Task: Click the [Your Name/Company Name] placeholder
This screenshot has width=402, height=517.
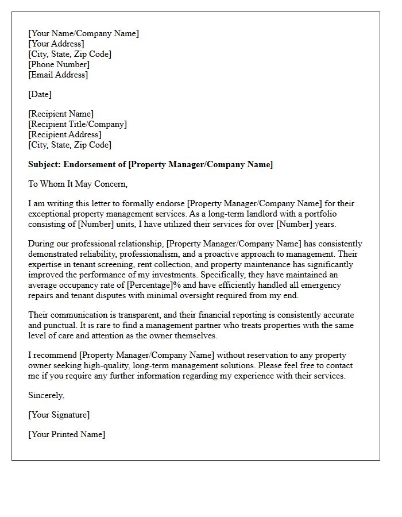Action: (x=83, y=33)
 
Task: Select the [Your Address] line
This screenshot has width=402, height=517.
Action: (x=56, y=44)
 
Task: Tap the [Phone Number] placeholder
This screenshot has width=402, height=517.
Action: (x=59, y=64)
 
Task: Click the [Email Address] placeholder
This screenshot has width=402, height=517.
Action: (x=58, y=75)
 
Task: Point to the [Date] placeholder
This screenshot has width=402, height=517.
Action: (x=40, y=94)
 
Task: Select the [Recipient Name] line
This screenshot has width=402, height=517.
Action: (x=61, y=114)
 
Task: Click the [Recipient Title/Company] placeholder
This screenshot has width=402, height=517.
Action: (x=78, y=124)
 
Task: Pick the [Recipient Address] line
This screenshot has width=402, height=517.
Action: (x=64, y=134)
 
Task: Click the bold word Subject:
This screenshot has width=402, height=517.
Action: (x=45, y=164)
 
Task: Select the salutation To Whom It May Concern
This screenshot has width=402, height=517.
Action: (x=78, y=184)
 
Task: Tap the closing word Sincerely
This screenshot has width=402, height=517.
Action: (x=47, y=395)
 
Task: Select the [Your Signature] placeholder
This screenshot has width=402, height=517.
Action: (x=59, y=415)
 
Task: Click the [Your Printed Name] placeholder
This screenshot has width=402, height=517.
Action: (x=67, y=434)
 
